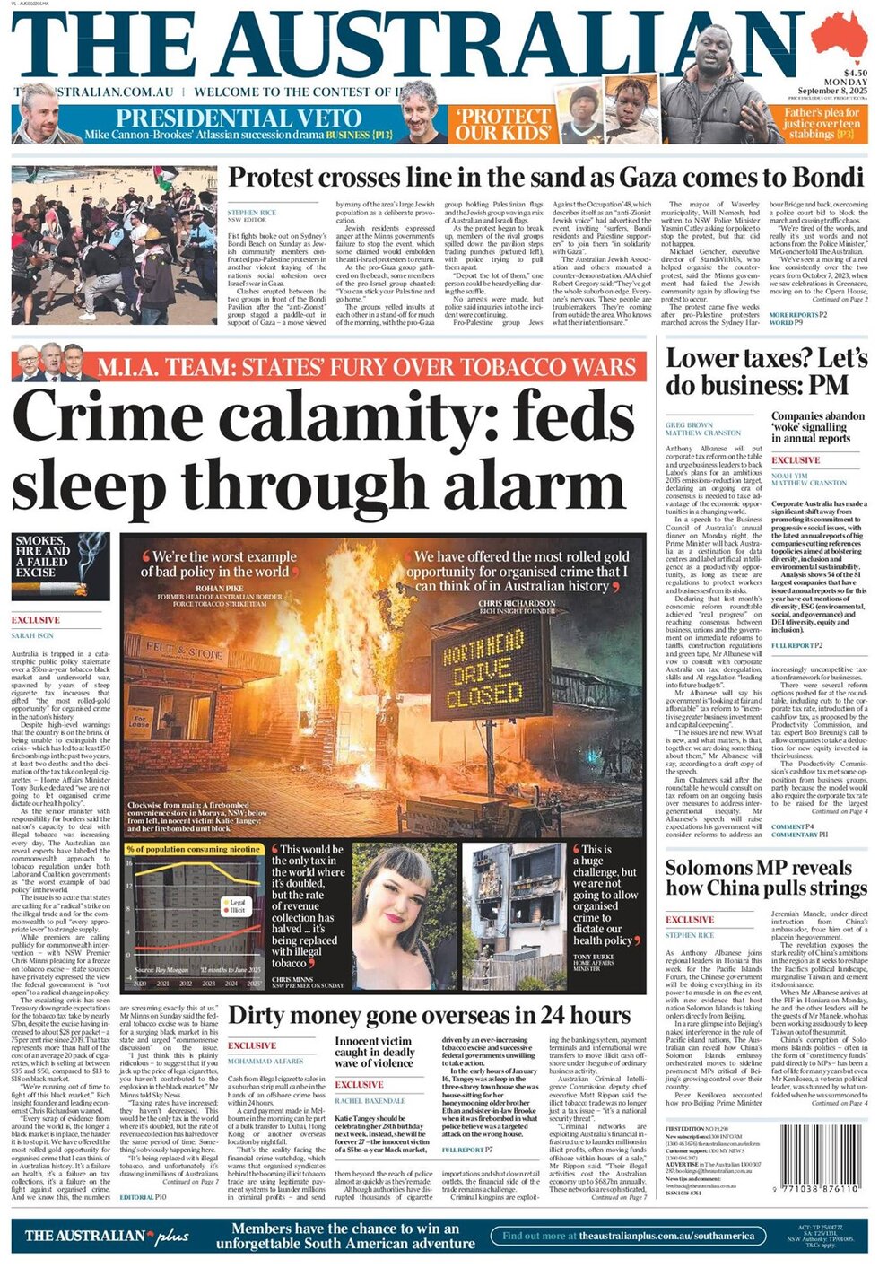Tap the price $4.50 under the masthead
click(x=854, y=73)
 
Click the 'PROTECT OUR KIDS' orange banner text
click(x=503, y=125)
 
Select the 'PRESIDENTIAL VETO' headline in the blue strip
click(x=239, y=118)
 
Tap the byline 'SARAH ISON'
click(x=32, y=635)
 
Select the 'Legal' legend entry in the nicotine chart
click(x=238, y=902)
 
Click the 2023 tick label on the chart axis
click(x=209, y=984)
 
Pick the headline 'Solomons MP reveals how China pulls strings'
click(x=766, y=878)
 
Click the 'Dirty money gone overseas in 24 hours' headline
click(x=430, y=1015)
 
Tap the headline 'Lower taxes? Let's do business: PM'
click(x=766, y=372)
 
